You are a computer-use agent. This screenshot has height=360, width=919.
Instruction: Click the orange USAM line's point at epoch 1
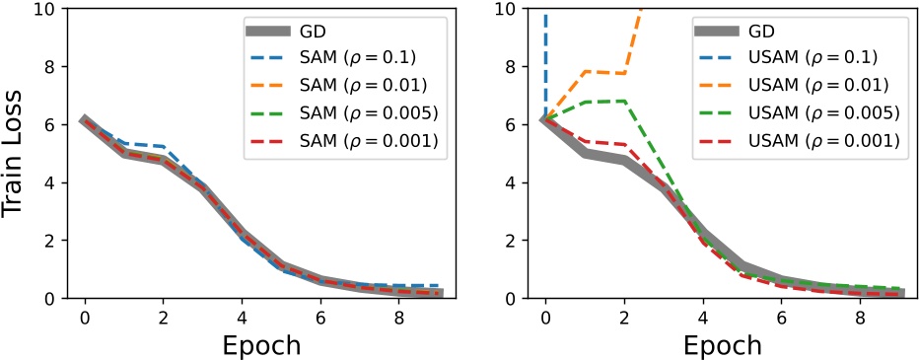(584, 72)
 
